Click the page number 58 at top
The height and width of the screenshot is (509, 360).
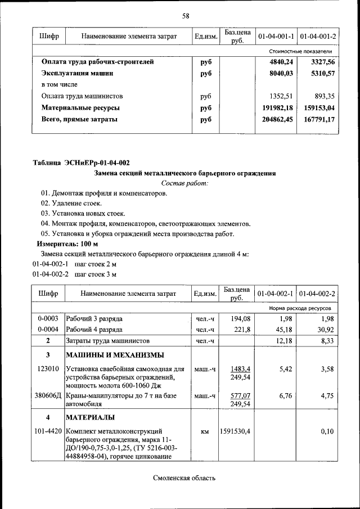pos(185,16)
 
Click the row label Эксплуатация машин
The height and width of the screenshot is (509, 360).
pos(78,73)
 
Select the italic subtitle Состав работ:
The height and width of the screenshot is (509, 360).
pos(184,183)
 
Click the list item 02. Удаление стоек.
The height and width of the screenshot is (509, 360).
pos(71,203)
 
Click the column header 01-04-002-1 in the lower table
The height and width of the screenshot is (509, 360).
pos(276,294)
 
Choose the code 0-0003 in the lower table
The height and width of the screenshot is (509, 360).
pos(48,319)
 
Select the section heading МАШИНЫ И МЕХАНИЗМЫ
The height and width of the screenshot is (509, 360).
pos(115,355)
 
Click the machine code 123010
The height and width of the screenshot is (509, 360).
pos(48,369)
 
